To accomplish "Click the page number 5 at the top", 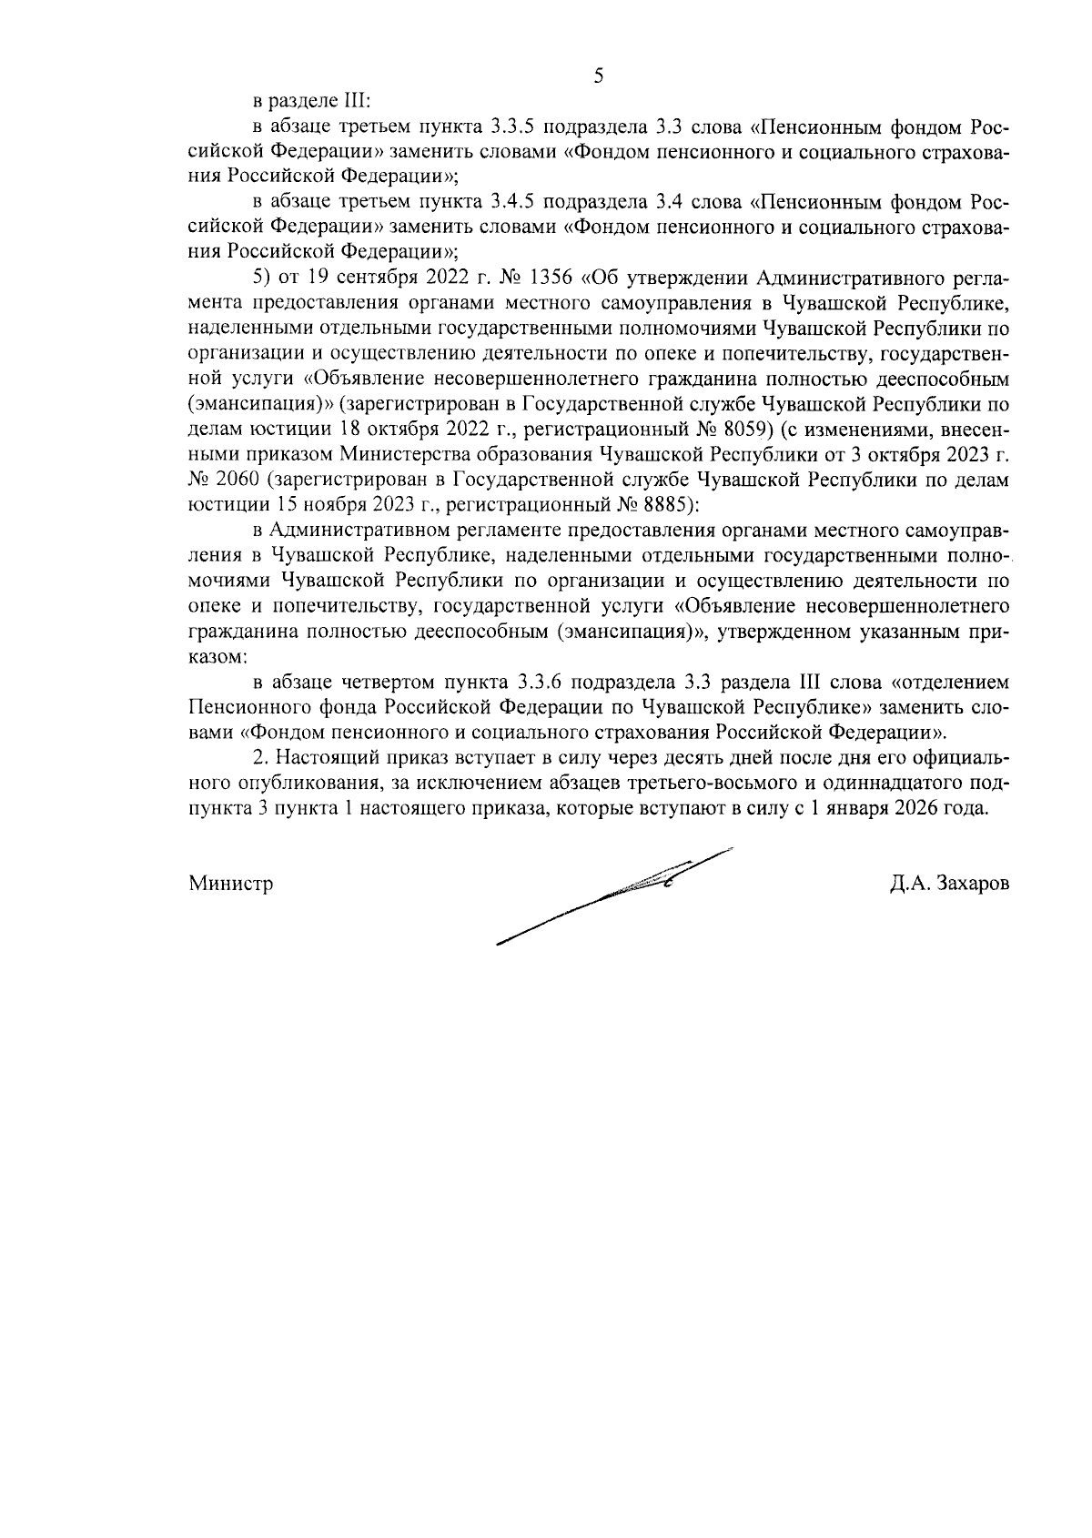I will pos(598,76).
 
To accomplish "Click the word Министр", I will pos(231,883).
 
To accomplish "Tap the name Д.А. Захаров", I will pos(950,883).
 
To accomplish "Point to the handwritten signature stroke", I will pos(619,895).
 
